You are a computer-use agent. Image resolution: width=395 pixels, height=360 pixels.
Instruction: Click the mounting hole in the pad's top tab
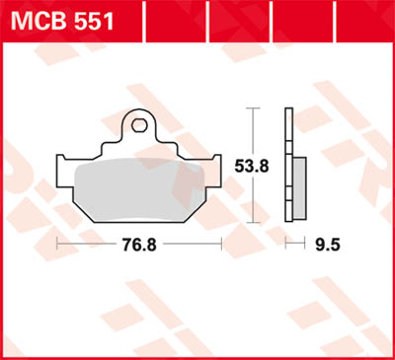[138, 125]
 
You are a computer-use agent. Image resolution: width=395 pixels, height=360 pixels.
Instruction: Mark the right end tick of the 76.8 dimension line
[220, 241]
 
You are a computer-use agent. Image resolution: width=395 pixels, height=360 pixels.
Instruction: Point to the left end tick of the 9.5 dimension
[286, 241]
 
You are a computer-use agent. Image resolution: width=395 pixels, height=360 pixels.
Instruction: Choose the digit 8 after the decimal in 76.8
[152, 241]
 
